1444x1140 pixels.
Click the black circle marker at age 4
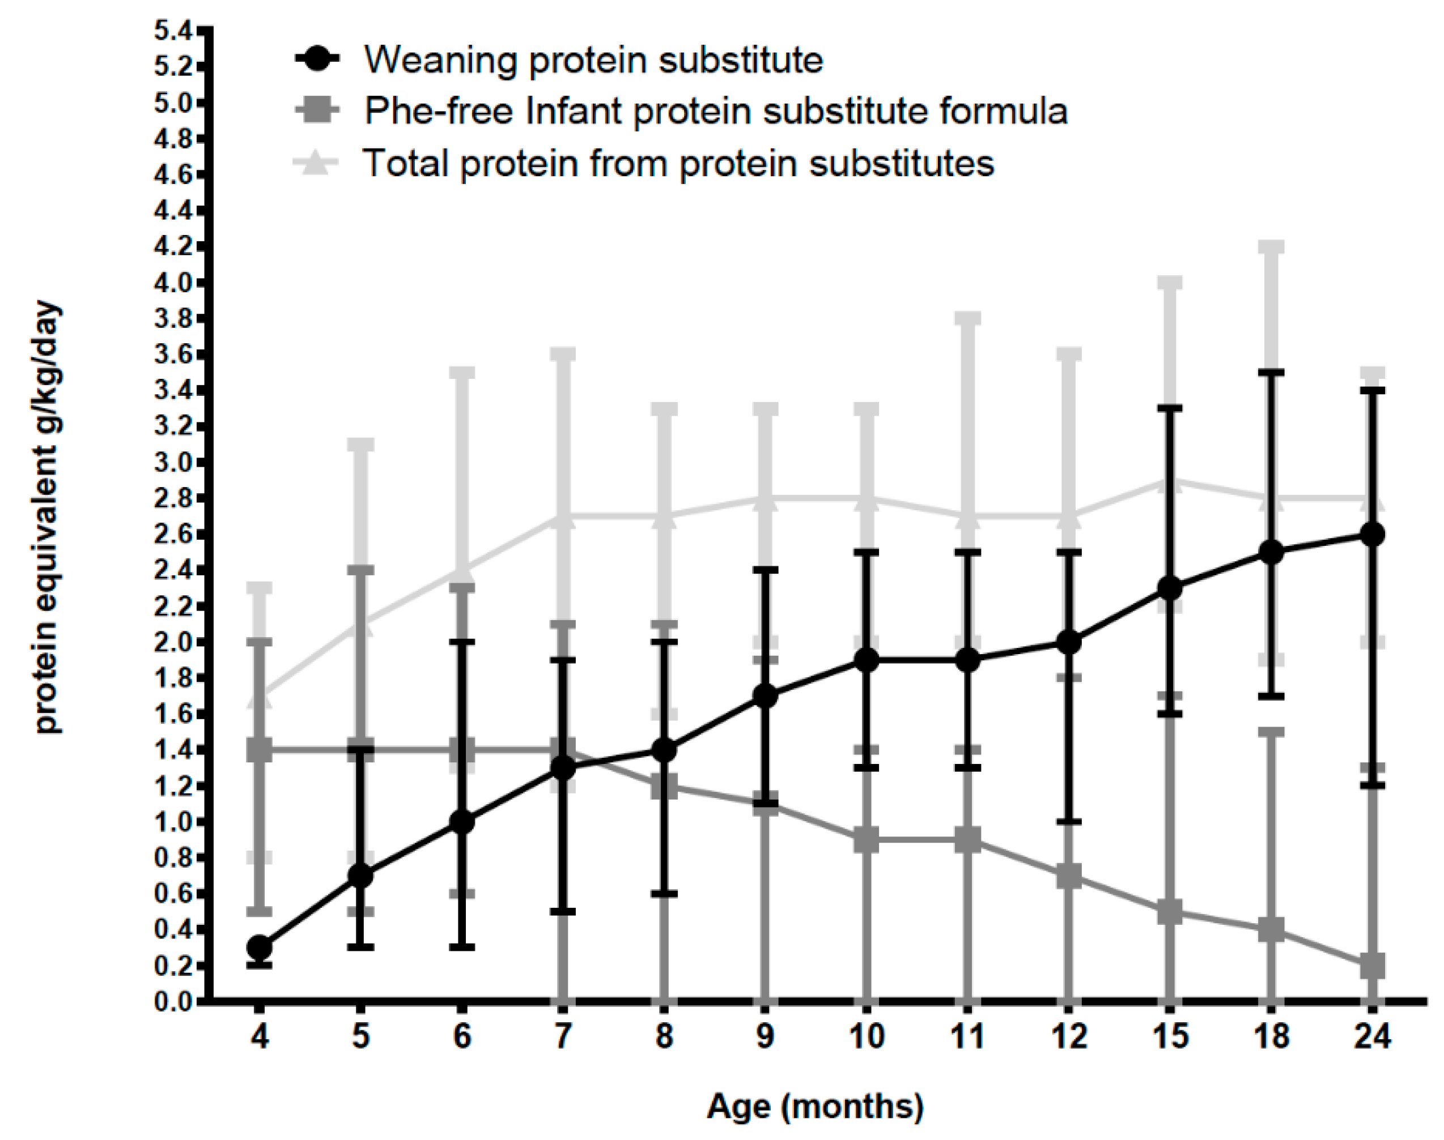(259, 947)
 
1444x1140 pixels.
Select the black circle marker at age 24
(1372, 535)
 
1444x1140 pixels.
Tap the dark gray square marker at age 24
(1372, 965)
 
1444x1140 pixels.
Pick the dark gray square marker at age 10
(867, 840)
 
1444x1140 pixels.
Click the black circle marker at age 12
(1069, 642)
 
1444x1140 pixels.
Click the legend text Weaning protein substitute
(593, 60)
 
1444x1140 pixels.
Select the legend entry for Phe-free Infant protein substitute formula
(715, 111)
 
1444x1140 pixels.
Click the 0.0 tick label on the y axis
(172, 1001)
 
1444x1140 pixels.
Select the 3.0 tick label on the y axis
(172, 463)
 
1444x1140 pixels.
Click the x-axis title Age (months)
(815, 1106)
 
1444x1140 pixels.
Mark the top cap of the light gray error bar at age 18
(1271, 247)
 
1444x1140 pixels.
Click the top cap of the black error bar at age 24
(1372, 390)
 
